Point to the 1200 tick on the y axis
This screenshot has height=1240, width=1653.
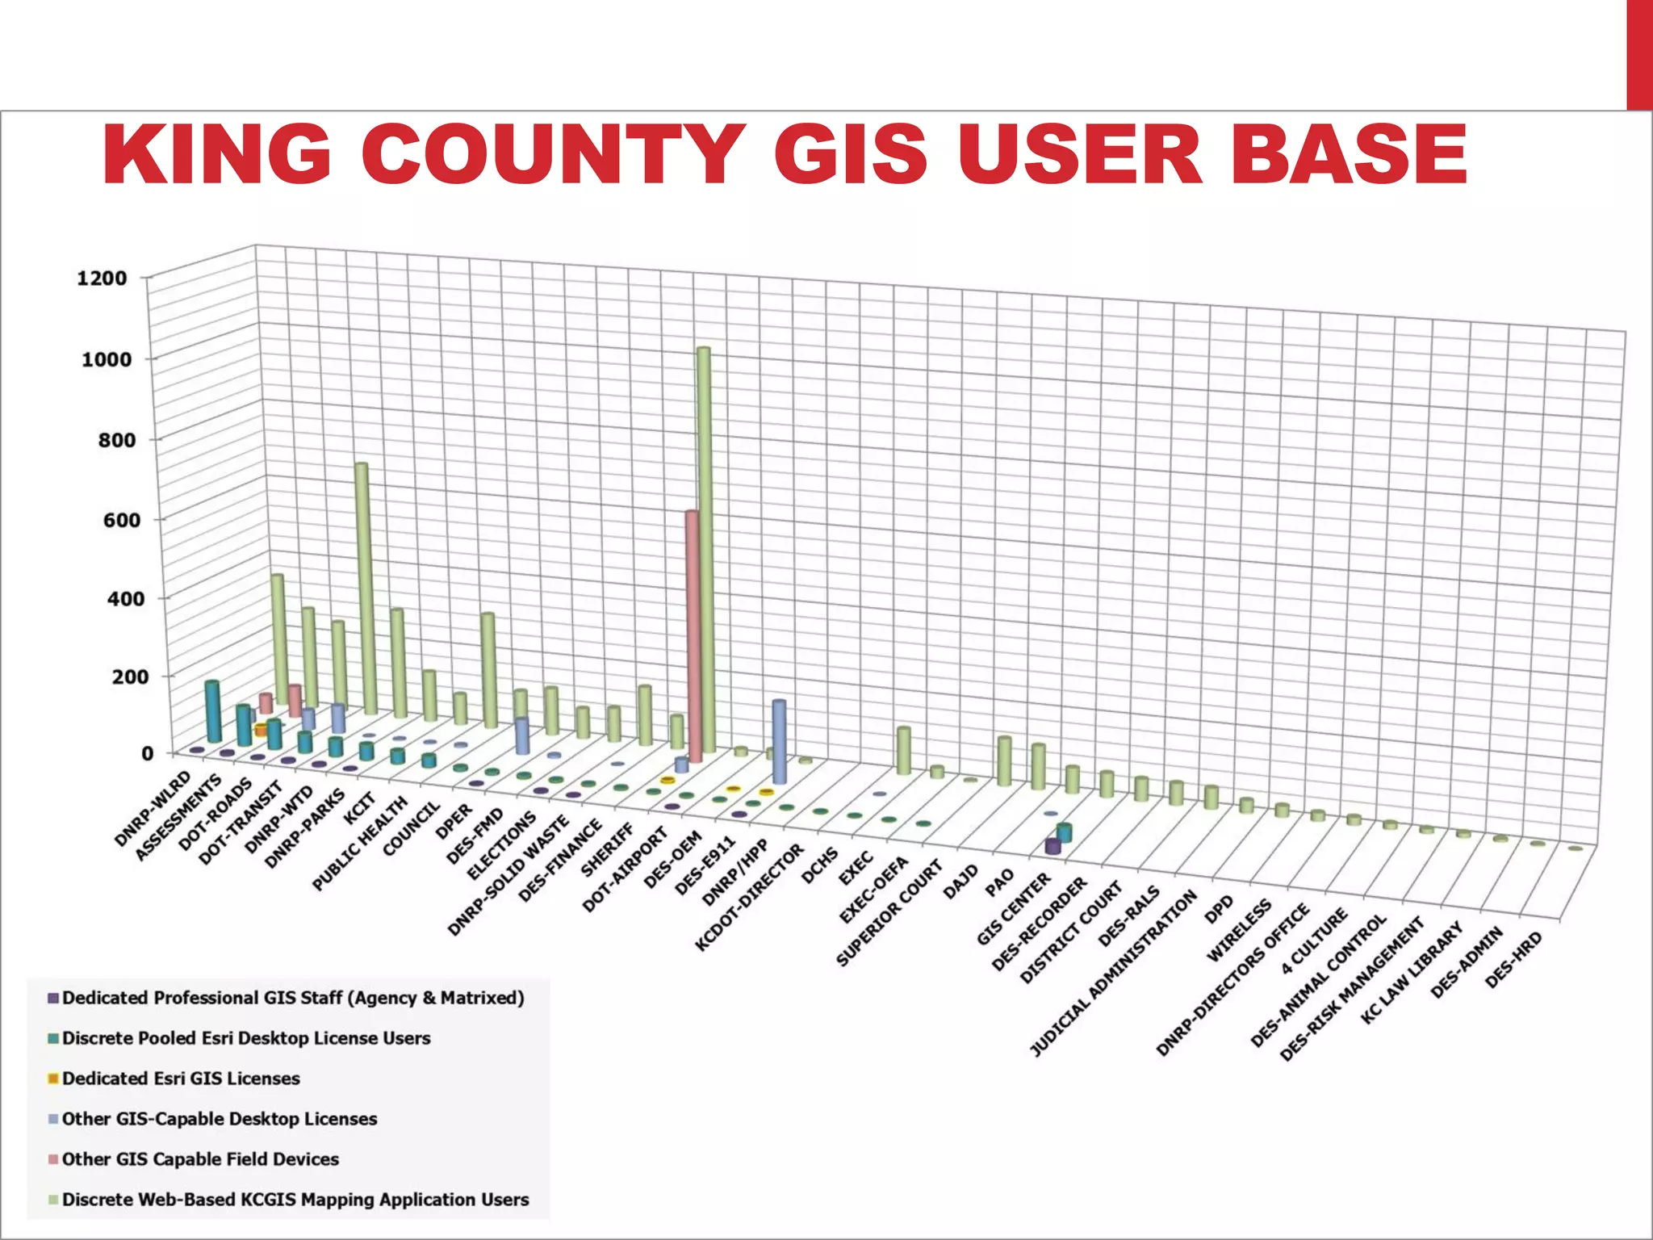click(x=102, y=279)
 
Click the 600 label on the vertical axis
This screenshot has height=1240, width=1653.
click(x=122, y=520)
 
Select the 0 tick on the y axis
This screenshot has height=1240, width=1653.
click(x=147, y=754)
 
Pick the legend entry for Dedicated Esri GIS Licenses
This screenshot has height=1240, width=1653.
click(x=181, y=1079)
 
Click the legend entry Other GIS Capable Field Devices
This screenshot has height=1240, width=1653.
click(x=200, y=1159)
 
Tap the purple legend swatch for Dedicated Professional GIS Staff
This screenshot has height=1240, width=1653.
click(x=54, y=999)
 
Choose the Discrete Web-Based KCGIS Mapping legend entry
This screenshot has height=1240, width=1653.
click(x=295, y=1200)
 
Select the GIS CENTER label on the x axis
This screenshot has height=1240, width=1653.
click(x=1014, y=909)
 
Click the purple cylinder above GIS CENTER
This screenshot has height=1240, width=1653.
click(x=1052, y=847)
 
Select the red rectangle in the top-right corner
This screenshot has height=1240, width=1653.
click(x=1639, y=54)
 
